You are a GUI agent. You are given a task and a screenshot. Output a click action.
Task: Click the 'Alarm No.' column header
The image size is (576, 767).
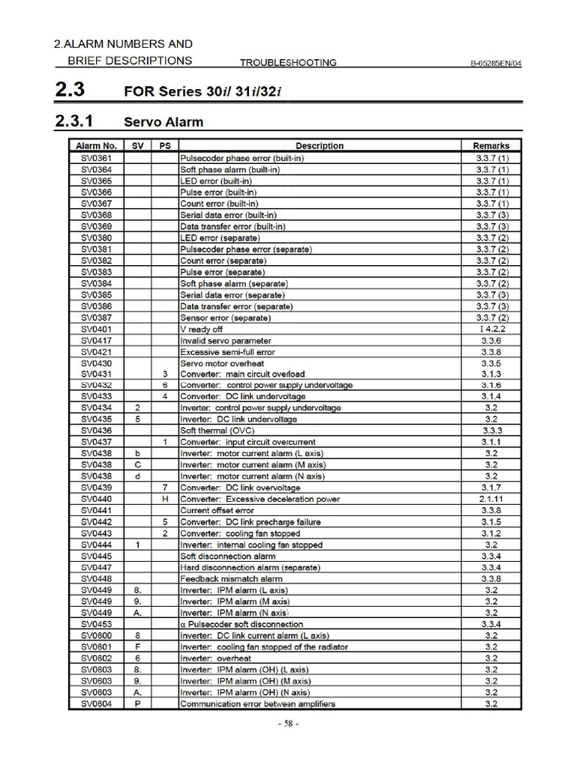pyautogui.click(x=96, y=146)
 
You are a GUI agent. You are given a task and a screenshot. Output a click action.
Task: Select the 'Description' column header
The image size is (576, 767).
pyautogui.click(x=319, y=146)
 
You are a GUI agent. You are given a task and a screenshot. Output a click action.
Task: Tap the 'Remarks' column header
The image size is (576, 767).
pyautogui.click(x=491, y=146)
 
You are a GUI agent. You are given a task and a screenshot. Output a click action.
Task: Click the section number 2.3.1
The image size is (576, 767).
pyautogui.click(x=73, y=121)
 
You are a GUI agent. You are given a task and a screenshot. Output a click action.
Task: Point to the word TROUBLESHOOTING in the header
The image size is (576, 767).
pyautogui.click(x=288, y=63)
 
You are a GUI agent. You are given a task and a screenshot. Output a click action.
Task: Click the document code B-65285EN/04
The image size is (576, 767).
pyautogui.click(x=490, y=63)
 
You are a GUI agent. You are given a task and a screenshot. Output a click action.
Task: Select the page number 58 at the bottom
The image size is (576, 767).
pyautogui.click(x=288, y=724)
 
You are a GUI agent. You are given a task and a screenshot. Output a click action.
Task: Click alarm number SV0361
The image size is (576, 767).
pyautogui.click(x=96, y=158)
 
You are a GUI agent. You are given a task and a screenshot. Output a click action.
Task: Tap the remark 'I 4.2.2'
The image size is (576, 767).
pyautogui.click(x=491, y=329)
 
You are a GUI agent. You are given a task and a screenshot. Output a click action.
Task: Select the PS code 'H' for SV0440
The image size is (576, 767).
pyautogui.click(x=164, y=499)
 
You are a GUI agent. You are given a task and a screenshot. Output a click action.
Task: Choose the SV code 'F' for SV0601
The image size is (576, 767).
pyautogui.click(x=138, y=646)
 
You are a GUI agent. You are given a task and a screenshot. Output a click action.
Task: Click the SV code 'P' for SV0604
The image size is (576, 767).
pyautogui.click(x=138, y=703)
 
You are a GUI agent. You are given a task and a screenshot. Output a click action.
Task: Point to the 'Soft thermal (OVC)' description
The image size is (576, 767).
pyautogui.click(x=217, y=431)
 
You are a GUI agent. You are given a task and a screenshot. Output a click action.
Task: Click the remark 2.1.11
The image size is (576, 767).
pyautogui.click(x=491, y=499)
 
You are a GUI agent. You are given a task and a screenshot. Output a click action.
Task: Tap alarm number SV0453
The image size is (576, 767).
pyautogui.click(x=96, y=624)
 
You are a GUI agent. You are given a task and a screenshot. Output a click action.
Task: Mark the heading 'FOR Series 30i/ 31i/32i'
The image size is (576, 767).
pyautogui.click(x=207, y=91)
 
